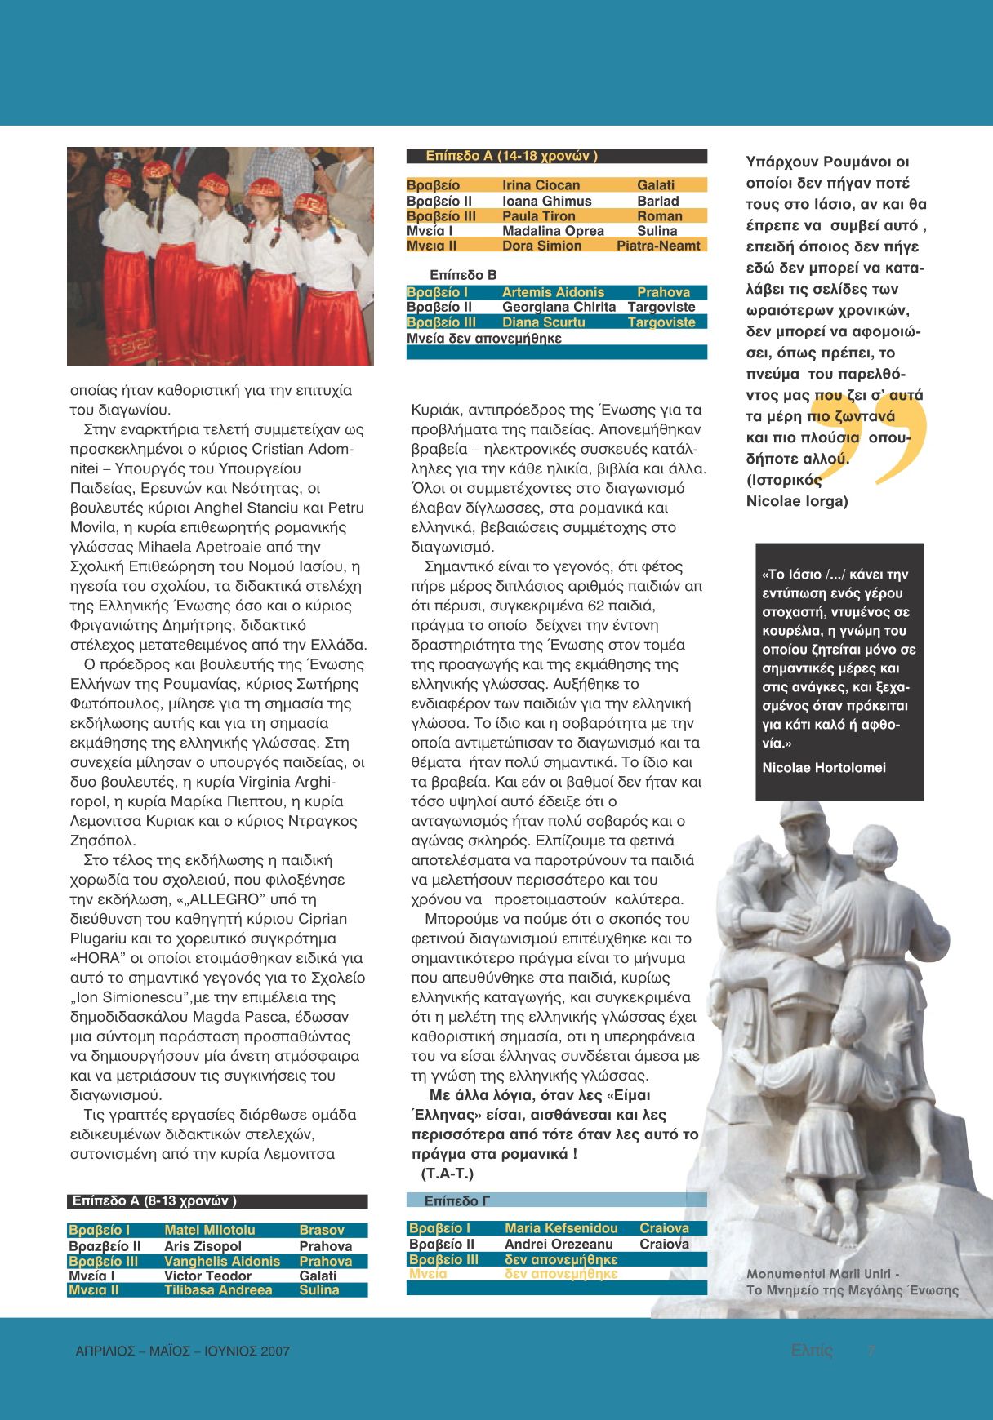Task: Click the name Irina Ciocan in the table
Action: click(x=541, y=185)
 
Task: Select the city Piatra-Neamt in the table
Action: click(x=658, y=246)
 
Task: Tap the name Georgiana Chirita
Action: click(x=559, y=307)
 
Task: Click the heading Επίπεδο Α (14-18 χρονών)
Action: click(x=511, y=156)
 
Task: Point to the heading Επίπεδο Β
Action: click(x=463, y=275)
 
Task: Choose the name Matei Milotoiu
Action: click(x=209, y=1230)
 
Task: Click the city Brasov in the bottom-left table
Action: click(x=322, y=1230)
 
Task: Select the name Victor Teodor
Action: click(x=207, y=1276)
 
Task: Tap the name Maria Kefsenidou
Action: click(x=561, y=1228)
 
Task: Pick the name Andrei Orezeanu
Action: click(x=559, y=1244)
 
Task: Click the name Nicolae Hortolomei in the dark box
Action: click(x=823, y=768)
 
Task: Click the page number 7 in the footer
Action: click(x=871, y=1351)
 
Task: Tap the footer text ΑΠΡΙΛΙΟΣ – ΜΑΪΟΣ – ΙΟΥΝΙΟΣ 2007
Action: click(x=182, y=1351)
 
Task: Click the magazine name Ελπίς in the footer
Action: click(x=812, y=1351)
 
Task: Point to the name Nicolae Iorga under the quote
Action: click(x=797, y=501)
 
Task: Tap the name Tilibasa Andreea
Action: click(x=218, y=1290)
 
